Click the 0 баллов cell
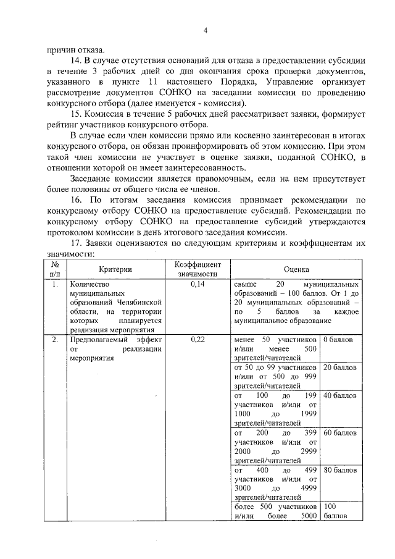click(337, 340)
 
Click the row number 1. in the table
click(56, 285)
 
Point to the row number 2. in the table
click(56, 340)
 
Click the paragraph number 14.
click(75, 60)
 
